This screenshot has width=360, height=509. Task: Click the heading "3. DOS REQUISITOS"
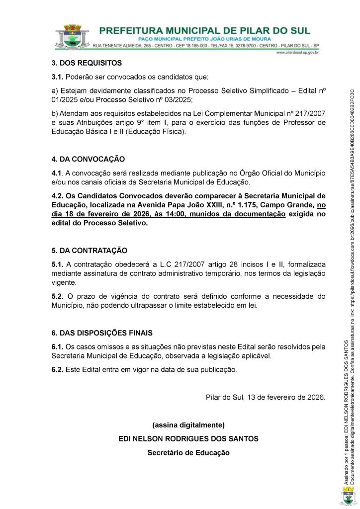click(87, 63)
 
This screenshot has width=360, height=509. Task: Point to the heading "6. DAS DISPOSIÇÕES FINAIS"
click(102, 333)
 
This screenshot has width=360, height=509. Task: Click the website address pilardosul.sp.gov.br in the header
click(297, 52)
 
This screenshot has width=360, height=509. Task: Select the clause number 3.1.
click(58, 77)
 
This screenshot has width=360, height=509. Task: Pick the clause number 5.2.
click(58, 296)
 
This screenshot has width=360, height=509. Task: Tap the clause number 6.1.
click(58, 346)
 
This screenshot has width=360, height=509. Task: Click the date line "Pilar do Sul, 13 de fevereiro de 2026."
click(266, 397)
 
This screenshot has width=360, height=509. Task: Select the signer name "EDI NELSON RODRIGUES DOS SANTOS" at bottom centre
click(188, 439)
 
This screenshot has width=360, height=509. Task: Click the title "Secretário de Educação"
click(188, 453)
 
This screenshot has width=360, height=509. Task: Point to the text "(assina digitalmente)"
click(188, 425)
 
